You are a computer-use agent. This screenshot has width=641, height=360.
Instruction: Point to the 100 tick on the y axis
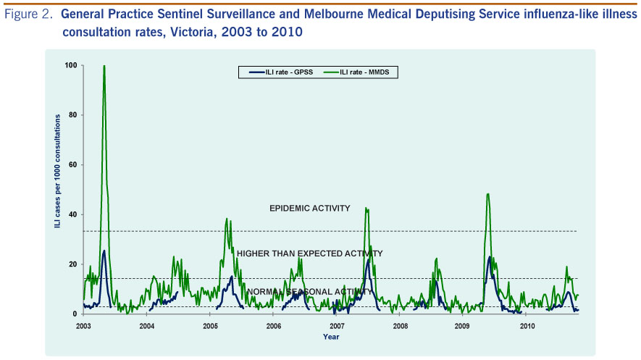point(70,66)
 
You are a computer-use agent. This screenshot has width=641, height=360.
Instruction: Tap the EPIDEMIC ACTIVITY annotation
point(309,209)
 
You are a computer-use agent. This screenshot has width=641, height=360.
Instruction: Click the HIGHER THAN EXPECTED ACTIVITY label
point(309,254)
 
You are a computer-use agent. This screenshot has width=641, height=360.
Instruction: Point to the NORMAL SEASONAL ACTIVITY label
point(309,292)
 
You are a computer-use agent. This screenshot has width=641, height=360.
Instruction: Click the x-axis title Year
point(331,337)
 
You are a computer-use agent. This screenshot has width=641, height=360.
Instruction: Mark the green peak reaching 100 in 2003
point(104,67)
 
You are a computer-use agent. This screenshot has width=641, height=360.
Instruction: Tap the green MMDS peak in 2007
point(366,209)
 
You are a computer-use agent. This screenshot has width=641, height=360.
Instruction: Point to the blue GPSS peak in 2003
point(104,251)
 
